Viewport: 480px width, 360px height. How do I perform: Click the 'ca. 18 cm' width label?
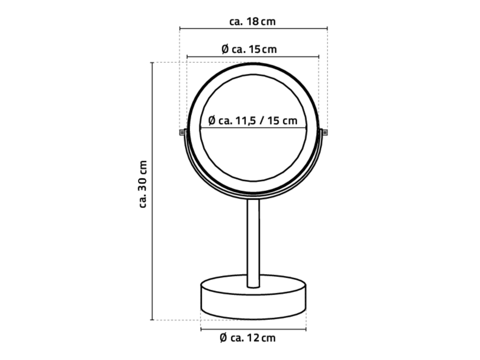click(253, 22)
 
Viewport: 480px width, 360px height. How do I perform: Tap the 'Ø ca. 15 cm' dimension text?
click(249, 49)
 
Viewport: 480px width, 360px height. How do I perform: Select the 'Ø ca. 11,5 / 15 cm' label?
click(253, 120)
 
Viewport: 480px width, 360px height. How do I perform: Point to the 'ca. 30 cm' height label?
click(143, 184)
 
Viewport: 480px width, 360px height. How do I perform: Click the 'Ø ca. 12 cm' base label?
click(248, 338)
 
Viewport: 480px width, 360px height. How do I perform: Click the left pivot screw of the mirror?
click(182, 132)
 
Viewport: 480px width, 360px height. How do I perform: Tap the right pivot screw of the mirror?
click(324, 132)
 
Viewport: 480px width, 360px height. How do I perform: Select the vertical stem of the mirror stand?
click(253, 243)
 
